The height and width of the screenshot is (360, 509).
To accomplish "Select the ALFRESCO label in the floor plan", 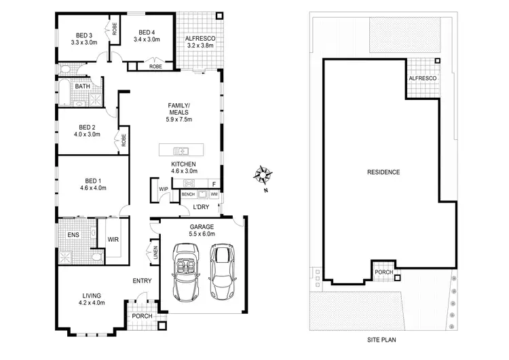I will point(200,39).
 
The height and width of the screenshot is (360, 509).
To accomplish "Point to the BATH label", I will point(82,86).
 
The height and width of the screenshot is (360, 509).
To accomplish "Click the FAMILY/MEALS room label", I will point(180,109).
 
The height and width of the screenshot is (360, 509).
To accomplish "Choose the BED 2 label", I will point(86,126).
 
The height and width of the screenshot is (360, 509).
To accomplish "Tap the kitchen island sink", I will point(181,150).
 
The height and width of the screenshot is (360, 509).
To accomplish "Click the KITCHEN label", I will point(183,165).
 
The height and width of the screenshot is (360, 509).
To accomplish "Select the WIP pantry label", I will point(164,189).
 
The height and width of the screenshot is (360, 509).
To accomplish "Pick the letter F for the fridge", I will point(213,183).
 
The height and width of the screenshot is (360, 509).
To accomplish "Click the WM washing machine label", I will point(214,195).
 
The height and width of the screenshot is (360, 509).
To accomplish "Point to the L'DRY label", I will point(201,206).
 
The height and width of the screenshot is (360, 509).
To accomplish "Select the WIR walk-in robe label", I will point(113,240).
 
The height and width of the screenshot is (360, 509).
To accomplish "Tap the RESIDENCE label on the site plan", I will point(383,172).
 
